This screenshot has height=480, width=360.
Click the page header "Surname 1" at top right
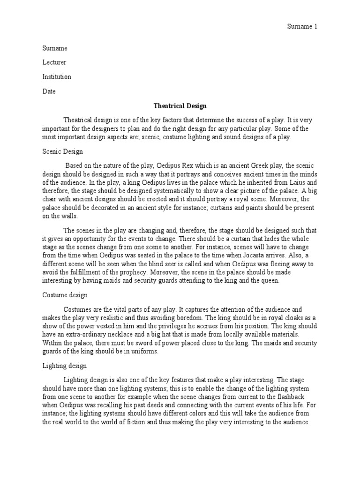tap(302, 27)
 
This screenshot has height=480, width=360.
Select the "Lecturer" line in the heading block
tap(54, 63)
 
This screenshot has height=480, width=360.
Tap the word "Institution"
tap(57, 77)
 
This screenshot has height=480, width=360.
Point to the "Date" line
tap(49, 91)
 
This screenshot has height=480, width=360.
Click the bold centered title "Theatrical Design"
tap(180, 106)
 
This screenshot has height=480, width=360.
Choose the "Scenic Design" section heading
tap(62, 152)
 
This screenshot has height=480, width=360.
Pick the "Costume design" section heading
tap(64, 295)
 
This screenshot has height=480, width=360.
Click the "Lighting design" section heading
tap(64, 365)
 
